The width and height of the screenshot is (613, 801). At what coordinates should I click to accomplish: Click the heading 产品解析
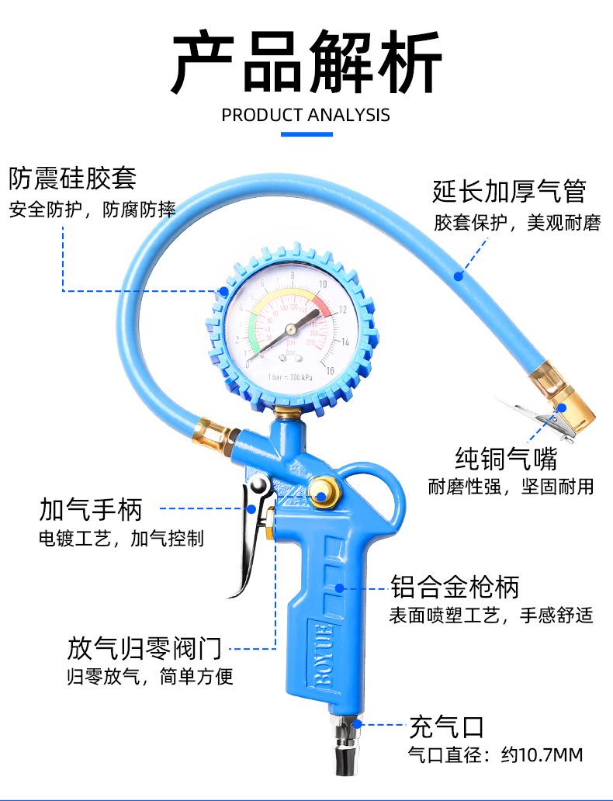tap(306, 61)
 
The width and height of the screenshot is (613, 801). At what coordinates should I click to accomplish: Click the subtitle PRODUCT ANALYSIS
tap(306, 116)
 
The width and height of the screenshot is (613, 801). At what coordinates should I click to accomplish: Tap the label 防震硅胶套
tap(72, 178)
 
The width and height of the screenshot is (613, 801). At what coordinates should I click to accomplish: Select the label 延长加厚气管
tap(508, 190)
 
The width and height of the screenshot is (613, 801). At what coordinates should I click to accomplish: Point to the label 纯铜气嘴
tap(507, 458)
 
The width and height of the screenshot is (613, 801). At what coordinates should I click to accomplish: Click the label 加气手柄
tap(91, 510)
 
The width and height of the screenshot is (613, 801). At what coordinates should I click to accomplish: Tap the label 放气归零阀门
tap(144, 647)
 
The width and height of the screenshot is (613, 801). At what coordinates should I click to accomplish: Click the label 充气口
tap(446, 727)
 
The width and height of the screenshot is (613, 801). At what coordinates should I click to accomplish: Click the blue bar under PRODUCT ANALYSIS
tap(306, 135)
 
